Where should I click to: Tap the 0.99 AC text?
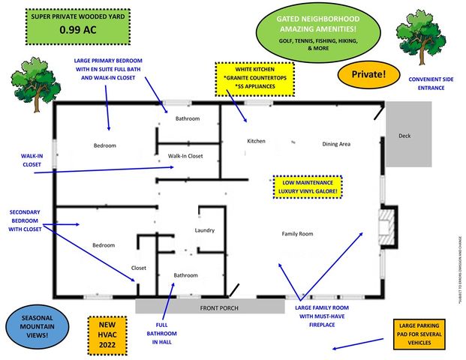coord(68,31)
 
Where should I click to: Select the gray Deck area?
coord(409,135)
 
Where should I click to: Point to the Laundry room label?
coord(205,230)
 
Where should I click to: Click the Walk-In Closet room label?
coord(185,156)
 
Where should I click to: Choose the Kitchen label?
coord(257,140)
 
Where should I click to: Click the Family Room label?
coord(297,234)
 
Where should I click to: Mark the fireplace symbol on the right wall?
coord(388,225)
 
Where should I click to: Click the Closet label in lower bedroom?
coord(139,267)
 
